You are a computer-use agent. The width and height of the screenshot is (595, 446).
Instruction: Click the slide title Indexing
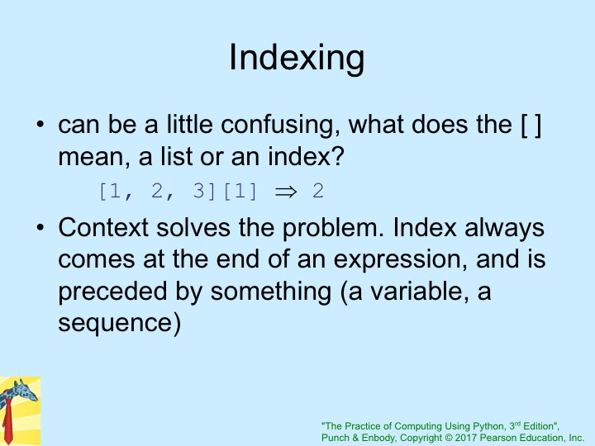pos(297,58)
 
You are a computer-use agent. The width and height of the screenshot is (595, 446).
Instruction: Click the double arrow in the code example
pos(286,192)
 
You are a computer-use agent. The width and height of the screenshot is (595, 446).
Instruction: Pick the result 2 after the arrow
pos(318,191)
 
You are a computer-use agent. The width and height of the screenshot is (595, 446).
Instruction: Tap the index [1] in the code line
pos(240,191)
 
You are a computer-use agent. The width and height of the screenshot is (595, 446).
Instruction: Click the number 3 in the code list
pos(198,191)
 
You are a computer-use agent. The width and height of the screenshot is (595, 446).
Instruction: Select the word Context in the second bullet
pos(102,227)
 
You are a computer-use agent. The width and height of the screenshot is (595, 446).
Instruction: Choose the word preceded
pos(112,292)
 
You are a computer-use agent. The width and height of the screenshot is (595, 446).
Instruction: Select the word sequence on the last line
pos(116,324)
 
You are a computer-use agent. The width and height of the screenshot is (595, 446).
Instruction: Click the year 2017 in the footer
pos(465,438)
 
